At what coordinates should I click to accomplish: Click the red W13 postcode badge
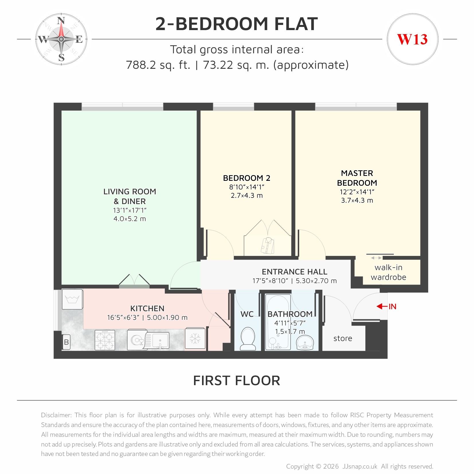(412, 39)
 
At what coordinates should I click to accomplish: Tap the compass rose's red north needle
(61, 29)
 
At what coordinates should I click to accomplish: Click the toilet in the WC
(248, 339)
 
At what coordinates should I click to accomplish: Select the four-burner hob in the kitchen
(105, 340)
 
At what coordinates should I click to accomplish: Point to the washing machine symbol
(72, 299)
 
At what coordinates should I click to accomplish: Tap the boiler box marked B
(66, 342)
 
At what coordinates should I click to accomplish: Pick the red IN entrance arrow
(382, 306)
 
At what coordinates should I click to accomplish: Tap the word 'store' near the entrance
(342, 338)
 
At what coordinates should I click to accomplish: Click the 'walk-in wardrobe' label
(388, 272)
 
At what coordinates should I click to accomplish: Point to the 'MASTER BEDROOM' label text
(357, 178)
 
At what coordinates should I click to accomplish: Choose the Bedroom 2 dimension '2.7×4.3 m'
(247, 196)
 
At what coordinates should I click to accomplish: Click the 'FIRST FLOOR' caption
(237, 381)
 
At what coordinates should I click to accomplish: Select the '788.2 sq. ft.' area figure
(158, 65)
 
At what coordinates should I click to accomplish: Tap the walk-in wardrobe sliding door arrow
(376, 258)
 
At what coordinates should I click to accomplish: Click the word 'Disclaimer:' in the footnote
(56, 415)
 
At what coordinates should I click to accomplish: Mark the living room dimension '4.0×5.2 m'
(130, 219)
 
